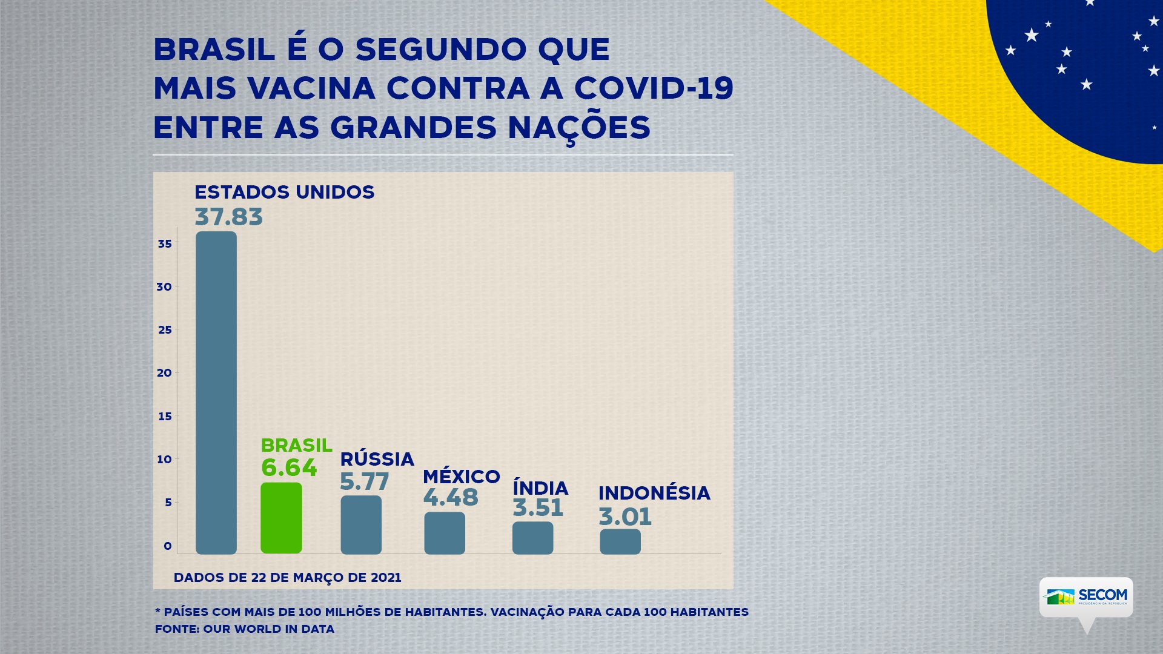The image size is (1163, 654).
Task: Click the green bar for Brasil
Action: coord(281,518)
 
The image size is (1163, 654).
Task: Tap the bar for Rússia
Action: coord(361,524)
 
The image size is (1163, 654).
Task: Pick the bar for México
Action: coord(445,533)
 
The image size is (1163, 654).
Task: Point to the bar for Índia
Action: coord(532,538)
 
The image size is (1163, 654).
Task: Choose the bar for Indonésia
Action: coord(620,541)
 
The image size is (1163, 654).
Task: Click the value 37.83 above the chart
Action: coord(229,217)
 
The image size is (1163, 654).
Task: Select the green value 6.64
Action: coord(289,467)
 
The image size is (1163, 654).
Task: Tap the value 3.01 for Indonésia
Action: coord(625,517)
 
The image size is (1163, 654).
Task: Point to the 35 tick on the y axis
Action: coord(165,243)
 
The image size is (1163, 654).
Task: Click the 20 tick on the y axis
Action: coord(164,372)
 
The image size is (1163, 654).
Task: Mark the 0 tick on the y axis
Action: coord(167,546)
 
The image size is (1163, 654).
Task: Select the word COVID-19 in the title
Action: coord(654,88)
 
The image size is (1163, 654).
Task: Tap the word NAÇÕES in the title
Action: coord(579,128)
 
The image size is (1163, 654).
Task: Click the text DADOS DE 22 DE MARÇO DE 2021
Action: coord(288,578)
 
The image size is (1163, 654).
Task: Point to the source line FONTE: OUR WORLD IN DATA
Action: coord(245,629)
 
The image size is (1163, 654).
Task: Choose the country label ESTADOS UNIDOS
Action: coord(285,193)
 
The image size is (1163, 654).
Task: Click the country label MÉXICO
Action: coord(462,477)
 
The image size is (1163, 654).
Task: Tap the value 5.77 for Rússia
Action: coord(364,482)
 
